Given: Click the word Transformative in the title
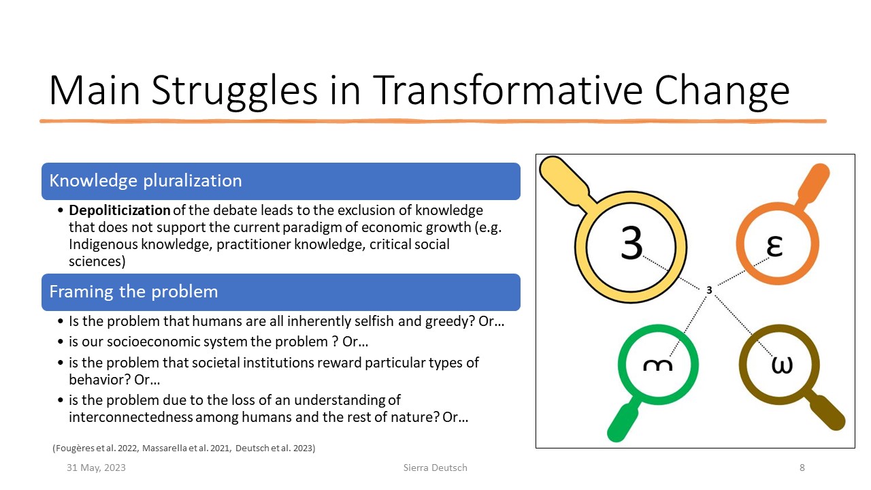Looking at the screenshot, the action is click(x=508, y=91).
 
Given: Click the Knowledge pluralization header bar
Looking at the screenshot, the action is click(x=281, y=181).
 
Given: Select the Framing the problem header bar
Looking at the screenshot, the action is click(x=281, y=292).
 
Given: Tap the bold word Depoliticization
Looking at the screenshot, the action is click(x=119, y=210).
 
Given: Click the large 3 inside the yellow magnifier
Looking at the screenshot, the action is click(x=631, y=243).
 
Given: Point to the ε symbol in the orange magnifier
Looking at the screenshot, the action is click(x=774, y=246).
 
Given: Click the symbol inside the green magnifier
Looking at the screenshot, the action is click(x=657, y=365).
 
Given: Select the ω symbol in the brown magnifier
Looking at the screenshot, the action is click(x=782, y=365).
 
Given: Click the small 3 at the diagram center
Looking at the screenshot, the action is click(x=709, y=290).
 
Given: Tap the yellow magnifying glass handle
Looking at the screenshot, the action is click(x=566, y=180).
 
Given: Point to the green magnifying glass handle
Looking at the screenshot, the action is click(x=623, y=421).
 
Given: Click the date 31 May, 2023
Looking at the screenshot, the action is click(x=96, y=468).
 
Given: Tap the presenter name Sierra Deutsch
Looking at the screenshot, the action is click(x=435, y=468).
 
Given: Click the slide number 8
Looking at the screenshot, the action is click(x=802, y=468).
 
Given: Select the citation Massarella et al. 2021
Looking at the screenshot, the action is click(x=186, y=448).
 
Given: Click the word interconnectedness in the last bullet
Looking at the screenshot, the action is click(x=131, y=417).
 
